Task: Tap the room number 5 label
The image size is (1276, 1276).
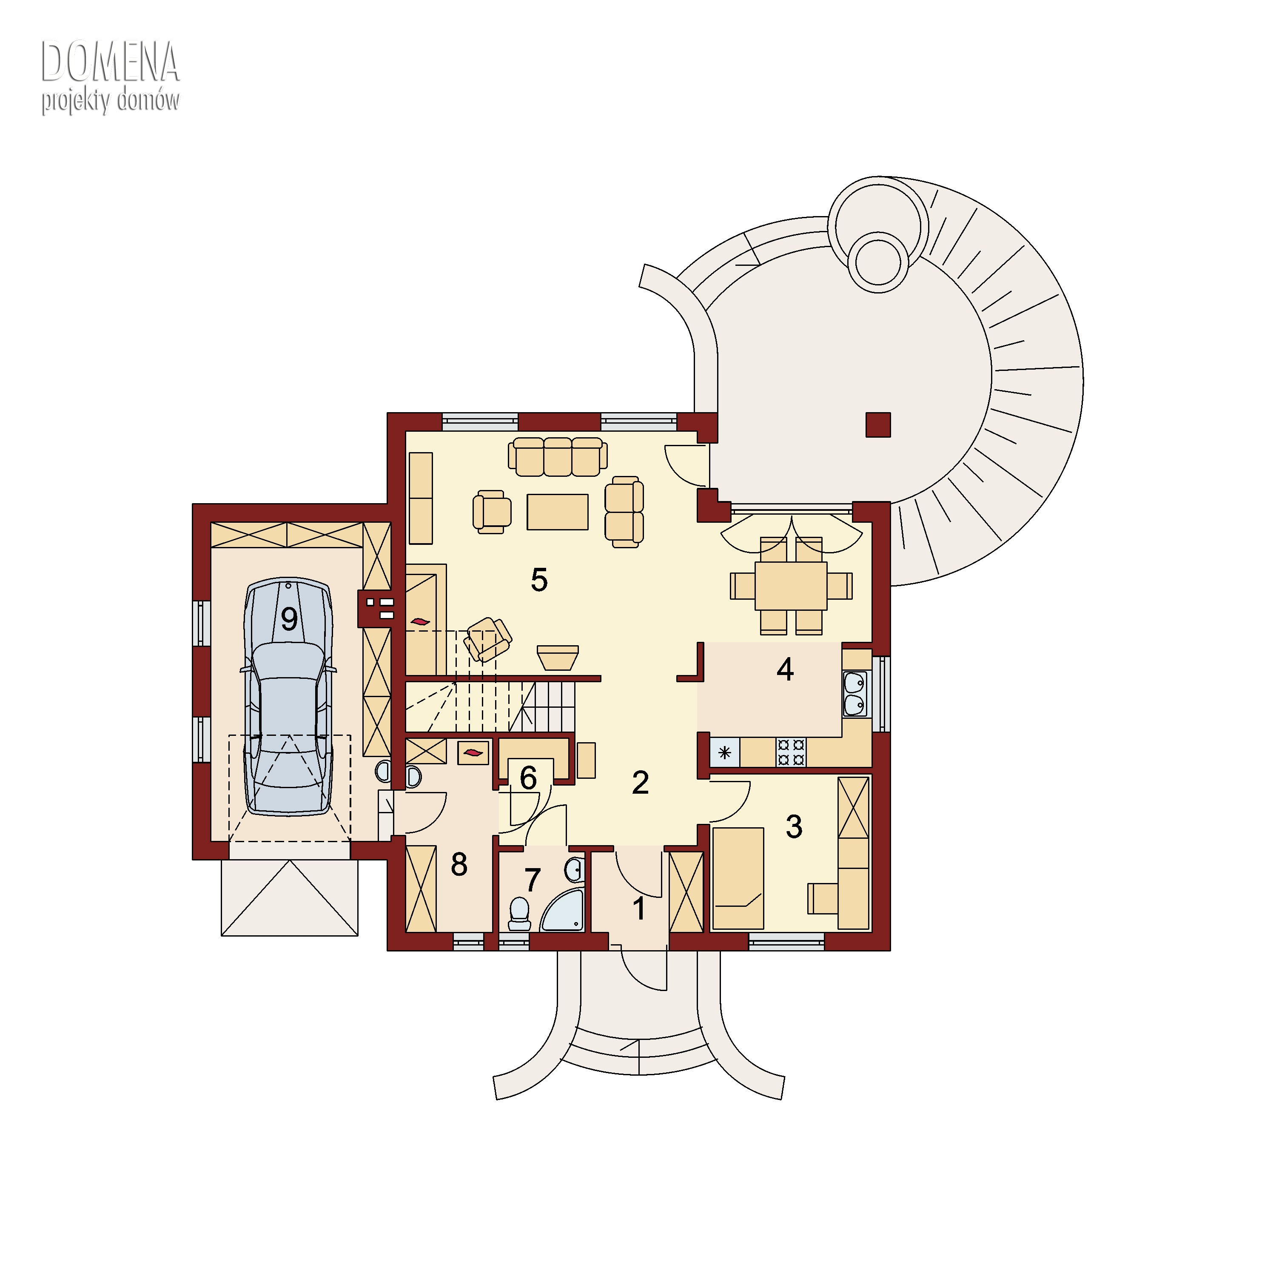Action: click(x=540, y=580)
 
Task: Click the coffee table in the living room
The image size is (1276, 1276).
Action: click(x=558, y=512)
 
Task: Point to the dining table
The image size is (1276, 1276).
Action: click(x=791, y=586)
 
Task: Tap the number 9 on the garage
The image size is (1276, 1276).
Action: click(x=289, y=619)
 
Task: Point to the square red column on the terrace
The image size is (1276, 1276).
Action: click(x=878, y=424)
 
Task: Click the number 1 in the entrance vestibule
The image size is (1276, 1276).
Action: click(x=639, y=909)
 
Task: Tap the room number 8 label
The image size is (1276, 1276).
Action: click(x=459, y=865)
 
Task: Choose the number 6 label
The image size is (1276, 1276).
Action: click(x=528, y=778)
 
